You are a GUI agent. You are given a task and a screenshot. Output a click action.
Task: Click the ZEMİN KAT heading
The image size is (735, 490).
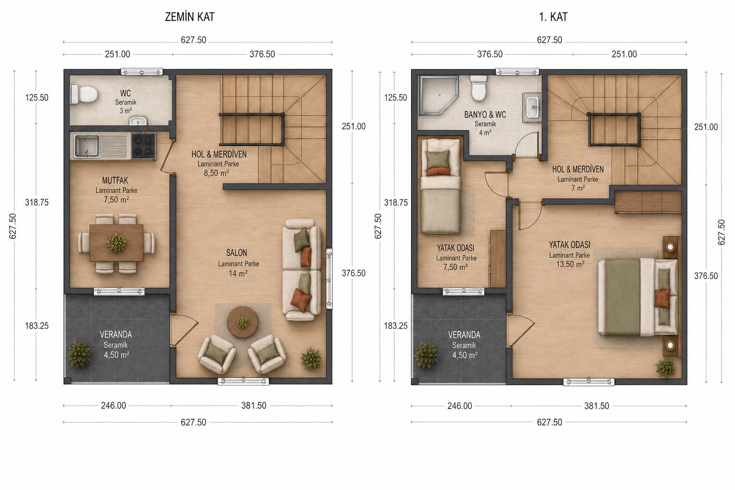pos(189,17)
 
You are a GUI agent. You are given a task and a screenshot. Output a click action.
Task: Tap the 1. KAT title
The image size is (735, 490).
pos(553,17)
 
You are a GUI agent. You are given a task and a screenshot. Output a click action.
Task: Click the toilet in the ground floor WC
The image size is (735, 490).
pos(84,94)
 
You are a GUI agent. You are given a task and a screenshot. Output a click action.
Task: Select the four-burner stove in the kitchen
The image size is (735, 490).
pos(144,146)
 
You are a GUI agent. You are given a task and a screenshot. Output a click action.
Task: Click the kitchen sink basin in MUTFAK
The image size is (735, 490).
pos(87,146)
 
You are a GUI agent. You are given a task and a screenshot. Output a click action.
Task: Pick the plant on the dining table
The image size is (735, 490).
pos(116,243)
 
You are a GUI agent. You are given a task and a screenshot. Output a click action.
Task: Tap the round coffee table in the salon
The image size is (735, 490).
pos(243,322)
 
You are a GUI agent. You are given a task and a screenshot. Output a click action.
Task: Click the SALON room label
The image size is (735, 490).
pos(236,253)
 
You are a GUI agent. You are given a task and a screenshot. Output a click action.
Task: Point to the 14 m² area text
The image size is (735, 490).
pos(238,273)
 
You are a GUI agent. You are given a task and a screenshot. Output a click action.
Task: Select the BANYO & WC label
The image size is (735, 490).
pos(485,115)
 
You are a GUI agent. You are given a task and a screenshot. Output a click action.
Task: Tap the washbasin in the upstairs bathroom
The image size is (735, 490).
pos(532,107)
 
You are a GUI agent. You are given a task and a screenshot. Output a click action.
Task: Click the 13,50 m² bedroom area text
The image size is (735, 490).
pos(570,264)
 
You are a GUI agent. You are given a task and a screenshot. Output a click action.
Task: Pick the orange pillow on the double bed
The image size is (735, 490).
pos(662,298)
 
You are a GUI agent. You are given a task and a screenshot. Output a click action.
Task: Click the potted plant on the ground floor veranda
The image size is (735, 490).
pos(79,354)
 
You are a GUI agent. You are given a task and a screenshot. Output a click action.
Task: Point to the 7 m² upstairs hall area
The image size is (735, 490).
pos(578,188)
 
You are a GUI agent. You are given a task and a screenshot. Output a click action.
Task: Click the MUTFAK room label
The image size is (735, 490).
pos(115,180)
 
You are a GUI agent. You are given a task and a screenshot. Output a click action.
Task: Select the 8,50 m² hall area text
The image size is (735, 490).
pos(216,173)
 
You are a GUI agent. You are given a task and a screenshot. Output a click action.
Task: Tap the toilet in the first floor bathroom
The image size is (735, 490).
pos(479,88)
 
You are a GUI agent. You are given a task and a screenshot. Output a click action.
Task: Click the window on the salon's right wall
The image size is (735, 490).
pos(329,278)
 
